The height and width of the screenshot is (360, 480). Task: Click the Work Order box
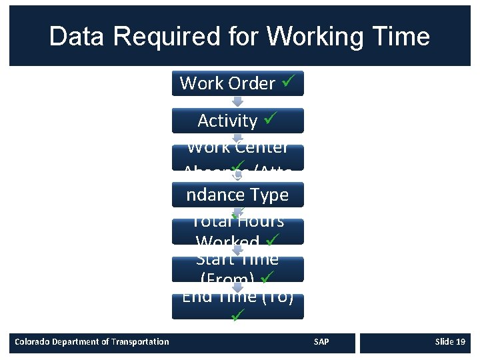click(x=237, y=83)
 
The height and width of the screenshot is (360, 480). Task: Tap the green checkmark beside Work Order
click(x=287, y=83)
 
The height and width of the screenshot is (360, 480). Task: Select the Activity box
click(x=237, y=121)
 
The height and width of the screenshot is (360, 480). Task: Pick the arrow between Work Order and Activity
click(x=237, y=102)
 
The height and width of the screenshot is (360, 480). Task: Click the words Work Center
click(x=237, y=147)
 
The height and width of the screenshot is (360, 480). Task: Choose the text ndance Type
click(x=237, y=195)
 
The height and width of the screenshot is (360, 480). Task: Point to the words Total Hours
click(x=237, y=221)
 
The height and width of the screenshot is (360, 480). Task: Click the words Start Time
click(x=237, y=258)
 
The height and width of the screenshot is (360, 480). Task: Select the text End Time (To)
click(x=237, y=296)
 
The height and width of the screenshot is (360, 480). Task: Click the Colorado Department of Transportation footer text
click(x=92, y=342)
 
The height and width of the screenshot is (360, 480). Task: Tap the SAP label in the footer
click(x=321, y=342)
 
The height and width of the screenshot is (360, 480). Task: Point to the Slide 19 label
click(x=449, y=342)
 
